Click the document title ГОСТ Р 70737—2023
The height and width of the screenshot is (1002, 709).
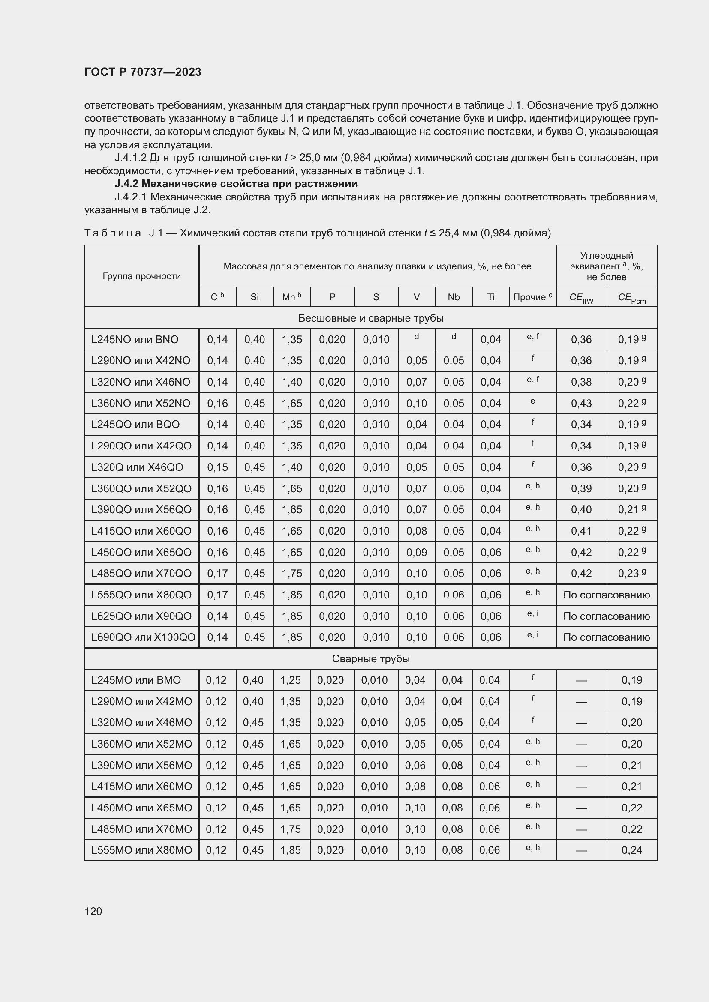(x=143, y=72)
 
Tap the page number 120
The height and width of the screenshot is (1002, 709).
(x=93, y=911)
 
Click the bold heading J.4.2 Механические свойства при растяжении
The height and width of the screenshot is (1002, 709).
(x=236, y=184)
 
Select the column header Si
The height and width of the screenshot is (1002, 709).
(x=255, y=297)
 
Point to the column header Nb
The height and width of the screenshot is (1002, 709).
(x=454, y=297)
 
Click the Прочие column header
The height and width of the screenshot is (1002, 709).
(x=532, y=297)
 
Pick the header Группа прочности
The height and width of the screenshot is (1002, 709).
(x=141, y=276)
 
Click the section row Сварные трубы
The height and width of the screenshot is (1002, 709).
(x=371, y=658)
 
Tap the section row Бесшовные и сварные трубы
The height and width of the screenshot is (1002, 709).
(x=371, y=318)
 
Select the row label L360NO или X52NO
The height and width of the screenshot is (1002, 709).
(x=141, y=403)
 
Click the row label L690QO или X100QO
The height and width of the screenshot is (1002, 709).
(x=143, y=637)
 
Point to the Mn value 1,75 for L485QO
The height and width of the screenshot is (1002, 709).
(x=291, y=574)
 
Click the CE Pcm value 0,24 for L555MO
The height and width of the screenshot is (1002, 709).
(x=632, y=850)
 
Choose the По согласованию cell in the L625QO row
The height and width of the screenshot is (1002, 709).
(x=607, y=616)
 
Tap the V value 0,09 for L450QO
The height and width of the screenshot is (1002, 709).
(x=417, y=553)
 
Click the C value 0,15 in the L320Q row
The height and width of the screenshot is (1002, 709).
(x=217, y=467)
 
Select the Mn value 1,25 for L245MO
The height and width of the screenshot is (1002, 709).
(x=290, y=680)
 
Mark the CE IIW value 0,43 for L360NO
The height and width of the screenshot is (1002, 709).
(x=581, y=403)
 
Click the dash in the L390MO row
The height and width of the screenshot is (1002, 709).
(x=581, y=765)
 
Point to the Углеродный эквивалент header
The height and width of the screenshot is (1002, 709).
(x=607, y=266)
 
